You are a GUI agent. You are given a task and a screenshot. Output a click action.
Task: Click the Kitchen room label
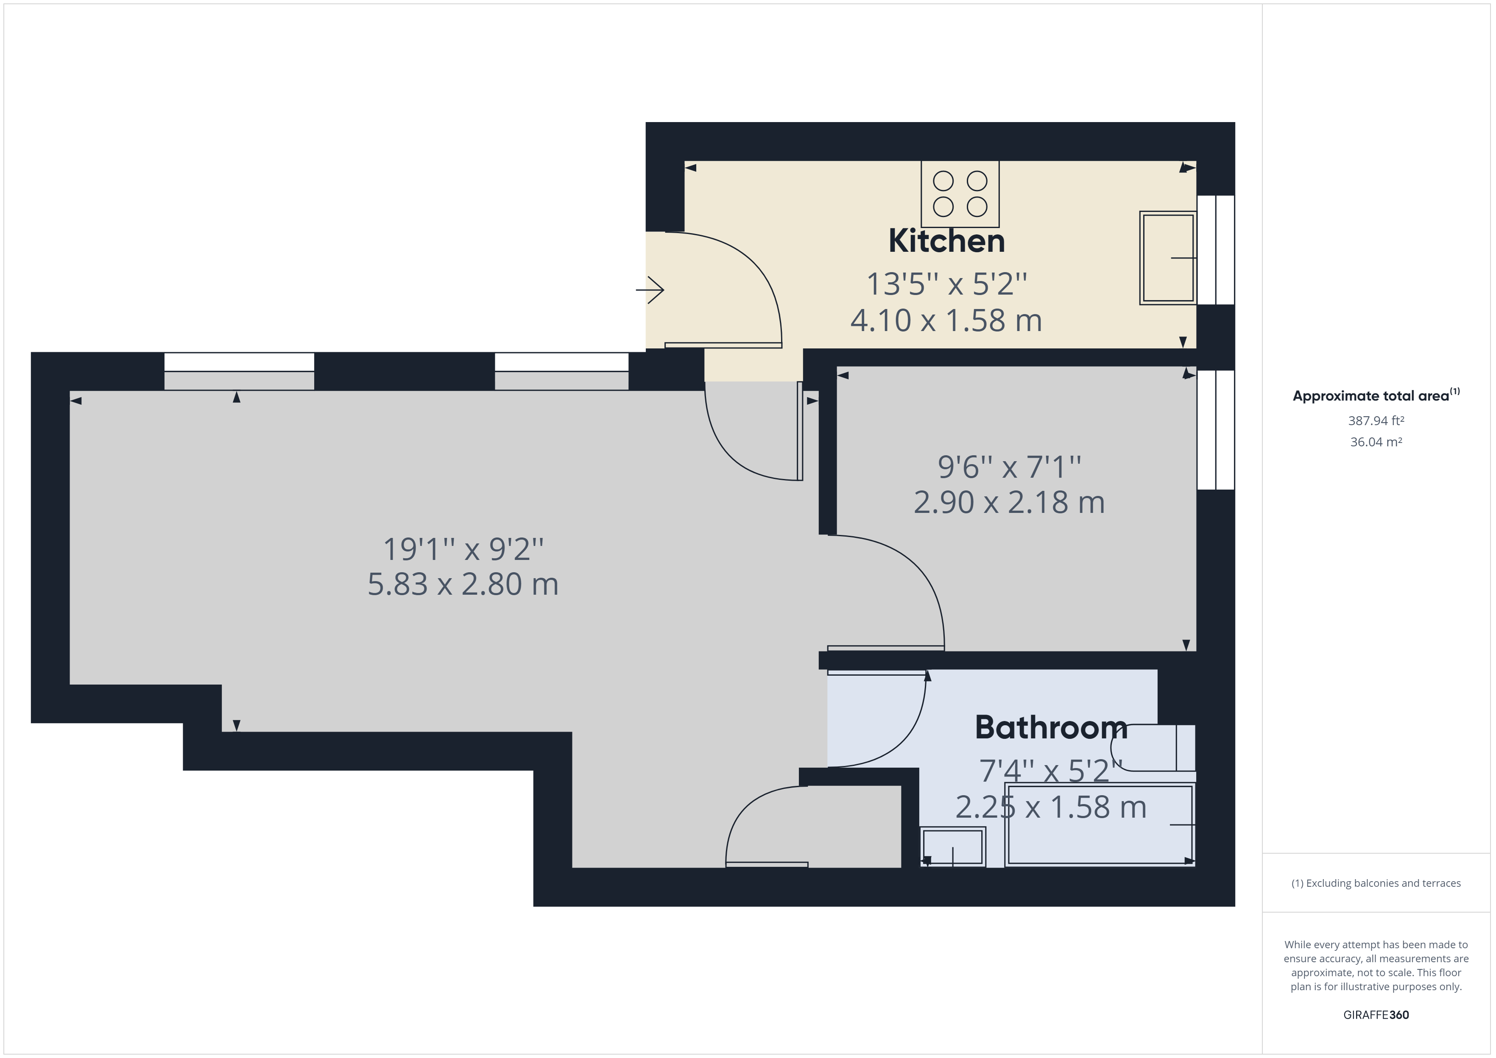947,241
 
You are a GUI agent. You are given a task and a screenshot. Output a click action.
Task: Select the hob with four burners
960,193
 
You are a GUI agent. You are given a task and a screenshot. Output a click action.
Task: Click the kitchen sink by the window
1168,258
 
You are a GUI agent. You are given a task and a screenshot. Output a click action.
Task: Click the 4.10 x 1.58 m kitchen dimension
946,320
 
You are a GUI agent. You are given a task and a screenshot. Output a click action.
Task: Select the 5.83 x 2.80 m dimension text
463,584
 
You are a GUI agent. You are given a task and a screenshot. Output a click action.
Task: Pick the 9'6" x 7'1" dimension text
1009,466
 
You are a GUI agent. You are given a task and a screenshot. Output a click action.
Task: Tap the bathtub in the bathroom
1099,825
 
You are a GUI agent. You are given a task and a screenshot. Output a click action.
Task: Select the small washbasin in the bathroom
952,847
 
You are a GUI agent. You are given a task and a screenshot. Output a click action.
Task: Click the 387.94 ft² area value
1376,421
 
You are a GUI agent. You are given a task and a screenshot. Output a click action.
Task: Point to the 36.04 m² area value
1376,442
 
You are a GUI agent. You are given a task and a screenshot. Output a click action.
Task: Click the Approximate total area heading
1376,395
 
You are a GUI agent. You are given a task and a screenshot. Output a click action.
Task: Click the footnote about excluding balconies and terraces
1376,883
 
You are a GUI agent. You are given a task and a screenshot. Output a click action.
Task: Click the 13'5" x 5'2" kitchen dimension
946,284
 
